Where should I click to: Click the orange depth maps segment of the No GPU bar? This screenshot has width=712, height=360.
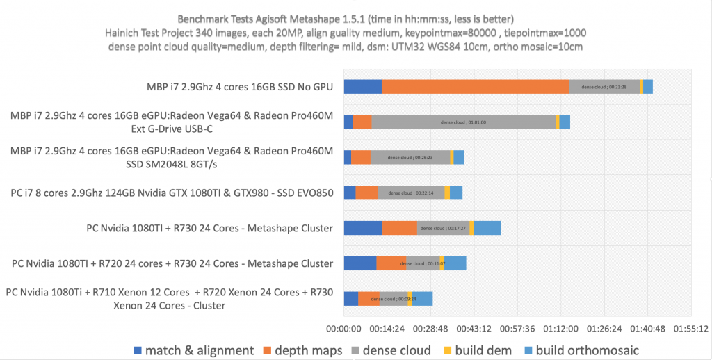475,87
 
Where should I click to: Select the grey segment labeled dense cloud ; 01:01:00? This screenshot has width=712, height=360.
463,122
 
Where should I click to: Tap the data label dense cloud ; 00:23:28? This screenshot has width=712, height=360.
604,87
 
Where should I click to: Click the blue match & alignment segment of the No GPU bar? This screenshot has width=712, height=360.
362,87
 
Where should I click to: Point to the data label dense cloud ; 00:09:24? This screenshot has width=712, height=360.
394,299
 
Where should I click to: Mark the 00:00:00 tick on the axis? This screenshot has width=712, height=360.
344,329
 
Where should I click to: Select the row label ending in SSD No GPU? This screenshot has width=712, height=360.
235,87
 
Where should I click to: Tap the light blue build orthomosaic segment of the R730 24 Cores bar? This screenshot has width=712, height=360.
487,228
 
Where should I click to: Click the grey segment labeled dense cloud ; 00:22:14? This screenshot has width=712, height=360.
410,193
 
